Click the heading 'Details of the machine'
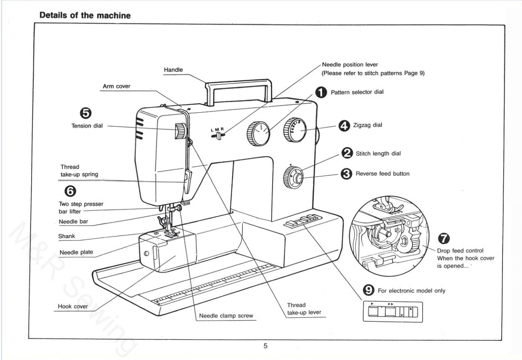pyautogui.click(x=85, y=15)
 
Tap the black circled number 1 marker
pyautogui.click(x=320, y=92)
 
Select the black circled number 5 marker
pyautogui.click(x=86, y=113)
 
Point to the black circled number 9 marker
pyautogui.click(x=368, y=291)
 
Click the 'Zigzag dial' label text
pyautogui.click(x=367, y=125)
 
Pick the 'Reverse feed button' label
pyautogui.click(x=382, y=174)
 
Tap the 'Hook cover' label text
pyautogui.click(x=73, y=306)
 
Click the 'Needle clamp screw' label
pyautogui.click(x=226, y=316)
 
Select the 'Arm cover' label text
pyautogui.click(x=116, y=86)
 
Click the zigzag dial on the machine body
pyautogui.click(x=295, y=130)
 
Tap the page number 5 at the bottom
pyautogui.click(x=265, y=346)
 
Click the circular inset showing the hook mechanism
pyautogui.click(x=389, y=235)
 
